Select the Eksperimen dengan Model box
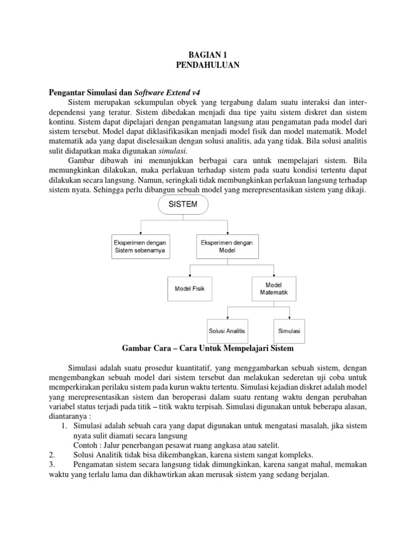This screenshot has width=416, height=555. pos(227,246)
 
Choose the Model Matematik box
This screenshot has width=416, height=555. pos(273,288)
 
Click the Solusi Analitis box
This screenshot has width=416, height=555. pos(227,330)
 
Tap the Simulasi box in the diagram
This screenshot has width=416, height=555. pos(289,330)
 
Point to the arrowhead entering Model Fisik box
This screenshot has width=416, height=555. pos(189,275)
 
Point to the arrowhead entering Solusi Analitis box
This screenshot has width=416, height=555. pos(227,317)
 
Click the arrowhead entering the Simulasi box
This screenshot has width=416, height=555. pos(289,317)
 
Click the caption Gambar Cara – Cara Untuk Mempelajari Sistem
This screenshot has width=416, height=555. pos(207,347)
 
